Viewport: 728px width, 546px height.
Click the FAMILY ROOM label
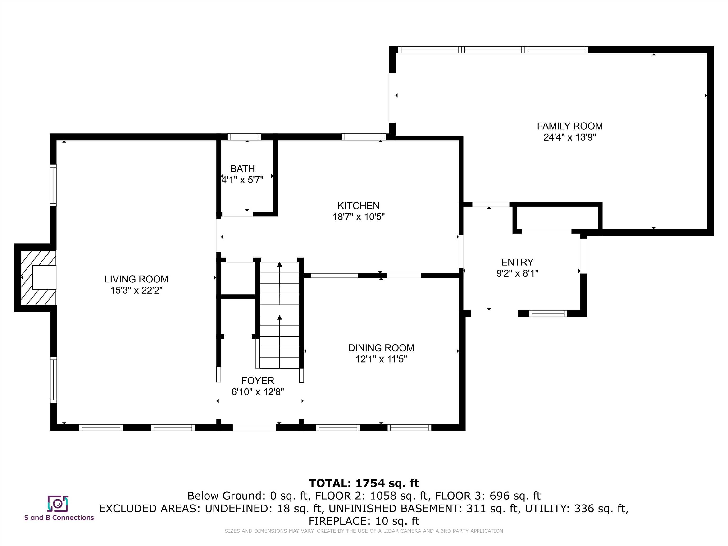[570, 126]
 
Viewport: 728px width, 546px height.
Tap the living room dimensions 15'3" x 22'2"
[136, 290]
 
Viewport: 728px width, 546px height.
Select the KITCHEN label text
[358, 206]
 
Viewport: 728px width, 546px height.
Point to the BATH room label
[243, 169]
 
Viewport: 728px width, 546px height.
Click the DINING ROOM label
[381, 348]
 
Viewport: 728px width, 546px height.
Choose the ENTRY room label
[517, 262]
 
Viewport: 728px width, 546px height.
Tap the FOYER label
[258, 381]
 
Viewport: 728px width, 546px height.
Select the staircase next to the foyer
[280, 315]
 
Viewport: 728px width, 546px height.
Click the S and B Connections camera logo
[58, 504]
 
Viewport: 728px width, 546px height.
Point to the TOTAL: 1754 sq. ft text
[364, 483]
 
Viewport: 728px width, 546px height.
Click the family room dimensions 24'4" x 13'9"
[570, 137]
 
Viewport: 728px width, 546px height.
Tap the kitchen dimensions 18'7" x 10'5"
[358, 217]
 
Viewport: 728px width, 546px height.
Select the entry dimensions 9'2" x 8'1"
[517, 273]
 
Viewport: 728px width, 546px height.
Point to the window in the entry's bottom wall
[548, 314]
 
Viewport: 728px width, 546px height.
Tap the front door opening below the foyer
[255, 428]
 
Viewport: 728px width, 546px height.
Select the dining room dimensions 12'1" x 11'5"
[381, 359]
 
